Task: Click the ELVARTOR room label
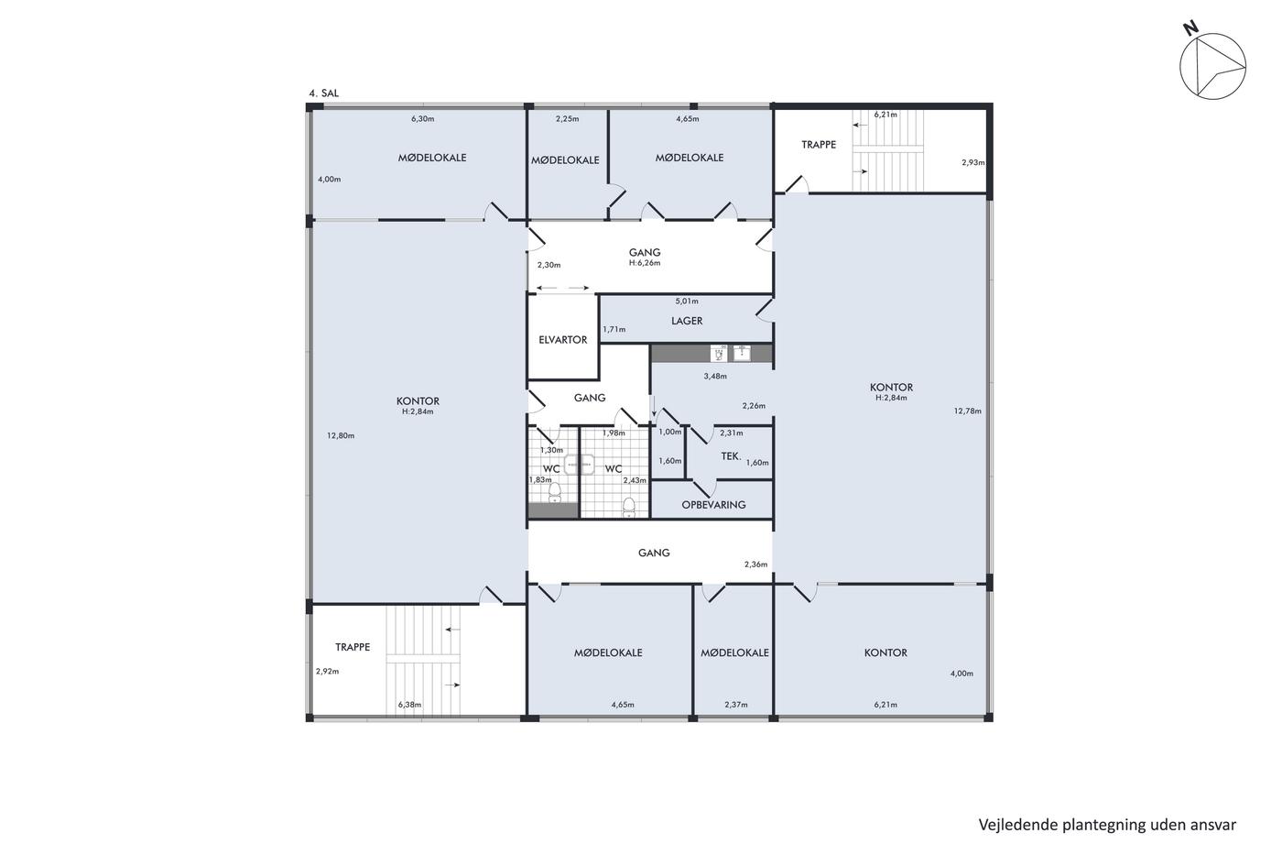(x=562, y=340)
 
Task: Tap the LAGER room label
(x=687, y=321)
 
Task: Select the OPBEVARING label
(x=713, y=505)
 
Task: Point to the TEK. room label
(x=731, y=455)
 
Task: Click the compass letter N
(x=1190, y=28)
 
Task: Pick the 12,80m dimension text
(x=341, y=436)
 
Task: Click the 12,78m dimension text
(x=967, y=411)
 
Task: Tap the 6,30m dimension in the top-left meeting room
(x=422, y=119)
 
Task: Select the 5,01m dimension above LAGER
(x=687, y=301)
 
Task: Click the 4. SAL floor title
(x=324, y=93)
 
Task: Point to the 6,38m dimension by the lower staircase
(x=410, y=705)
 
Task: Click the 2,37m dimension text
(x=736, y=705)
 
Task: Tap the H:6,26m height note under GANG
(x=645, y=263)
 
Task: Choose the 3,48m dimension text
(x=715, y=377)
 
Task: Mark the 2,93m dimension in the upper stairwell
(x=972, y=162)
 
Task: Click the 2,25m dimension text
(x=567, y=119)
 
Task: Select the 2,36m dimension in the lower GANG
(x=755, y=565)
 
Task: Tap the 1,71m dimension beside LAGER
(x=614, y=330)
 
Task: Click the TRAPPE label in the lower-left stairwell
(x=353, y=647)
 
